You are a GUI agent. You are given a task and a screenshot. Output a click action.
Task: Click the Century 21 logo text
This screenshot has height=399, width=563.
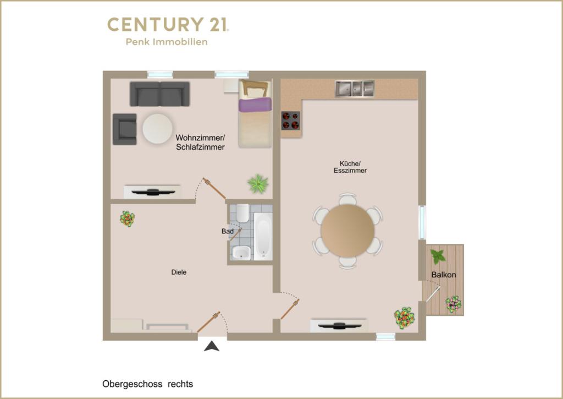pyautogui.click(x=168, y=24)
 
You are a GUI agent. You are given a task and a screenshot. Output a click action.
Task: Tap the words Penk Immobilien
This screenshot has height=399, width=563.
pyautogui.click(x=167, y=42)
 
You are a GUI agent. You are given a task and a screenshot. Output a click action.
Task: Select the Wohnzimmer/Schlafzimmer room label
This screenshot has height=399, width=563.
pyautogui.click(x=200, y=143)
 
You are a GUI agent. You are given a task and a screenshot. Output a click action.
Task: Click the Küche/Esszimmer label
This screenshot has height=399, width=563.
pyautogui.click(x=350, y=167)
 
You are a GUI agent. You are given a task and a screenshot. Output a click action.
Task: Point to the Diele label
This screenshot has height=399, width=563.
pyautogui.click(x=179, y=272)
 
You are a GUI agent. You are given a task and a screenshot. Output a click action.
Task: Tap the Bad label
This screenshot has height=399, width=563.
pyautogui.click(x=227, y=231)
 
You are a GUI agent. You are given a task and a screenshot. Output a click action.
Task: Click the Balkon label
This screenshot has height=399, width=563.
pyautogui.click(x=444, y=275)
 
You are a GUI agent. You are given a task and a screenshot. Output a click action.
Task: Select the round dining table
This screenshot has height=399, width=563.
pyautogui.click(x=347, y=231)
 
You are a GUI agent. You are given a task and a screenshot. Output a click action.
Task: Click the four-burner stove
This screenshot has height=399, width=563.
pyautogui.click(x=291, y=121)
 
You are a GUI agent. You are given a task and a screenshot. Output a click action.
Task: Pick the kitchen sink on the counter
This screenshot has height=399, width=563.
pyautogui.click(x=355, y=89)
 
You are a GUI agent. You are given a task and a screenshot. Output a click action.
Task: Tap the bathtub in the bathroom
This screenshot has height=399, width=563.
pyautogui.click(x=263, y=236)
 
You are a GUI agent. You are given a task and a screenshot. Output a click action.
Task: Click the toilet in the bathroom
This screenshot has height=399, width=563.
pyautogui.click(x=242, y=213)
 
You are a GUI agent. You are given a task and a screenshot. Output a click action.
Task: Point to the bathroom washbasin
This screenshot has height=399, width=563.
pyautogui.click(x=241, y=253)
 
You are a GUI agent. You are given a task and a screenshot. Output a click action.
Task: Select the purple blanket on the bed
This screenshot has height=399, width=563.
pyautogui.click(x=255, y=104)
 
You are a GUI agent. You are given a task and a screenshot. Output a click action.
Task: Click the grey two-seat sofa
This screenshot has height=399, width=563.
pyautogui.click(x=160, y=94)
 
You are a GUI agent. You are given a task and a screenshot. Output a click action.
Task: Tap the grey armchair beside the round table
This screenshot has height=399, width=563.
pyautogui.click(x=125, y=129)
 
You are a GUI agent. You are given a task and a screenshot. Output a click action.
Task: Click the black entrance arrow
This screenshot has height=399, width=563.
pyautogui.click(x=212, y=347)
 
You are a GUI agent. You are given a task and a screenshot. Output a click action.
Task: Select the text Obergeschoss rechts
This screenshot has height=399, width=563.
pyautogui.click(x=147, y=384)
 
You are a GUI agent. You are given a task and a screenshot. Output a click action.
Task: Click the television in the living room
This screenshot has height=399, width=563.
pyautogui.click(x=153, y=192)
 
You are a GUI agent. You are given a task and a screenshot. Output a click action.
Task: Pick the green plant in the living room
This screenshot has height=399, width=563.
pyautogui.click(x=258, y=183)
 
